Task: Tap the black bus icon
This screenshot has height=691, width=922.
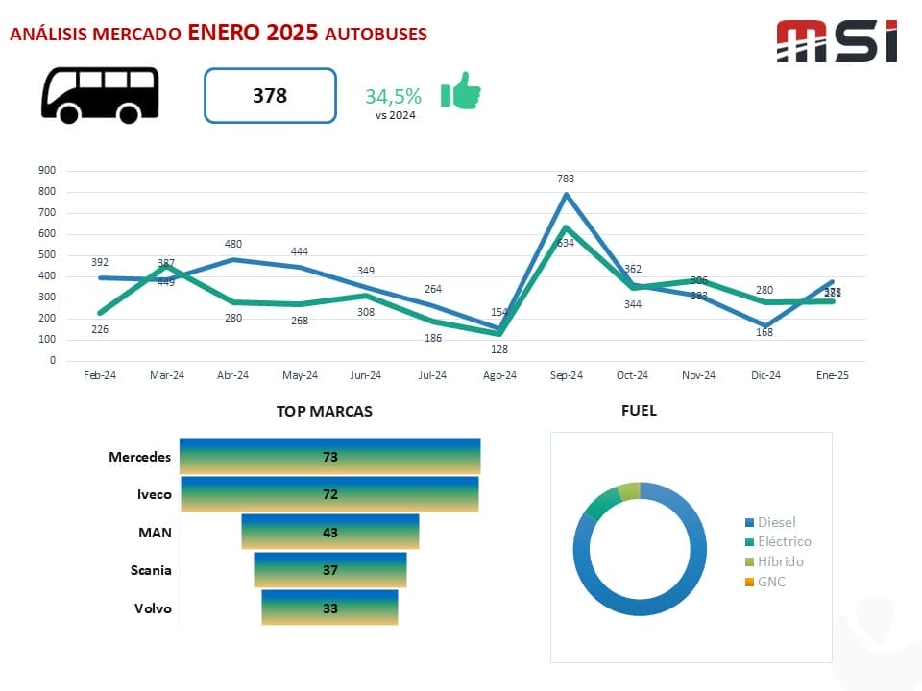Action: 100,94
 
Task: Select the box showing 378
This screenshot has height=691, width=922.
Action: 270,96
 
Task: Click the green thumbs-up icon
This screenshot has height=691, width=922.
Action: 460,92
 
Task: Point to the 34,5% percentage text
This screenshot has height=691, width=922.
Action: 393,96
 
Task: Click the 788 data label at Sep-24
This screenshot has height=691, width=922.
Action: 566,179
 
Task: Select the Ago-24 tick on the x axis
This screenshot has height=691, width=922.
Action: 498,376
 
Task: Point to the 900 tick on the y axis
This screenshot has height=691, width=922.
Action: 47,171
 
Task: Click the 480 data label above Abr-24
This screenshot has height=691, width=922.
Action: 233,244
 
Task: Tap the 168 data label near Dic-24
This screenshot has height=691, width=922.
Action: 764,333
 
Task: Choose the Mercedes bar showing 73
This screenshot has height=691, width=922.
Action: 330,457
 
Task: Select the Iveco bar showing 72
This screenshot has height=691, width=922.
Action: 329,494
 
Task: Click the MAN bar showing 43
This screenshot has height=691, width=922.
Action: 330,532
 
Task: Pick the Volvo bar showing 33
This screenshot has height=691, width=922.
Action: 329,608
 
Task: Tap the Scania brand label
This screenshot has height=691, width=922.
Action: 151,570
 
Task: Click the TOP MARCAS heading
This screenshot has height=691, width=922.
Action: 325,411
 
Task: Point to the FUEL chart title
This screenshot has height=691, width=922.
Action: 639,411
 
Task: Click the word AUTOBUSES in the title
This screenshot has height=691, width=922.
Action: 376,34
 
